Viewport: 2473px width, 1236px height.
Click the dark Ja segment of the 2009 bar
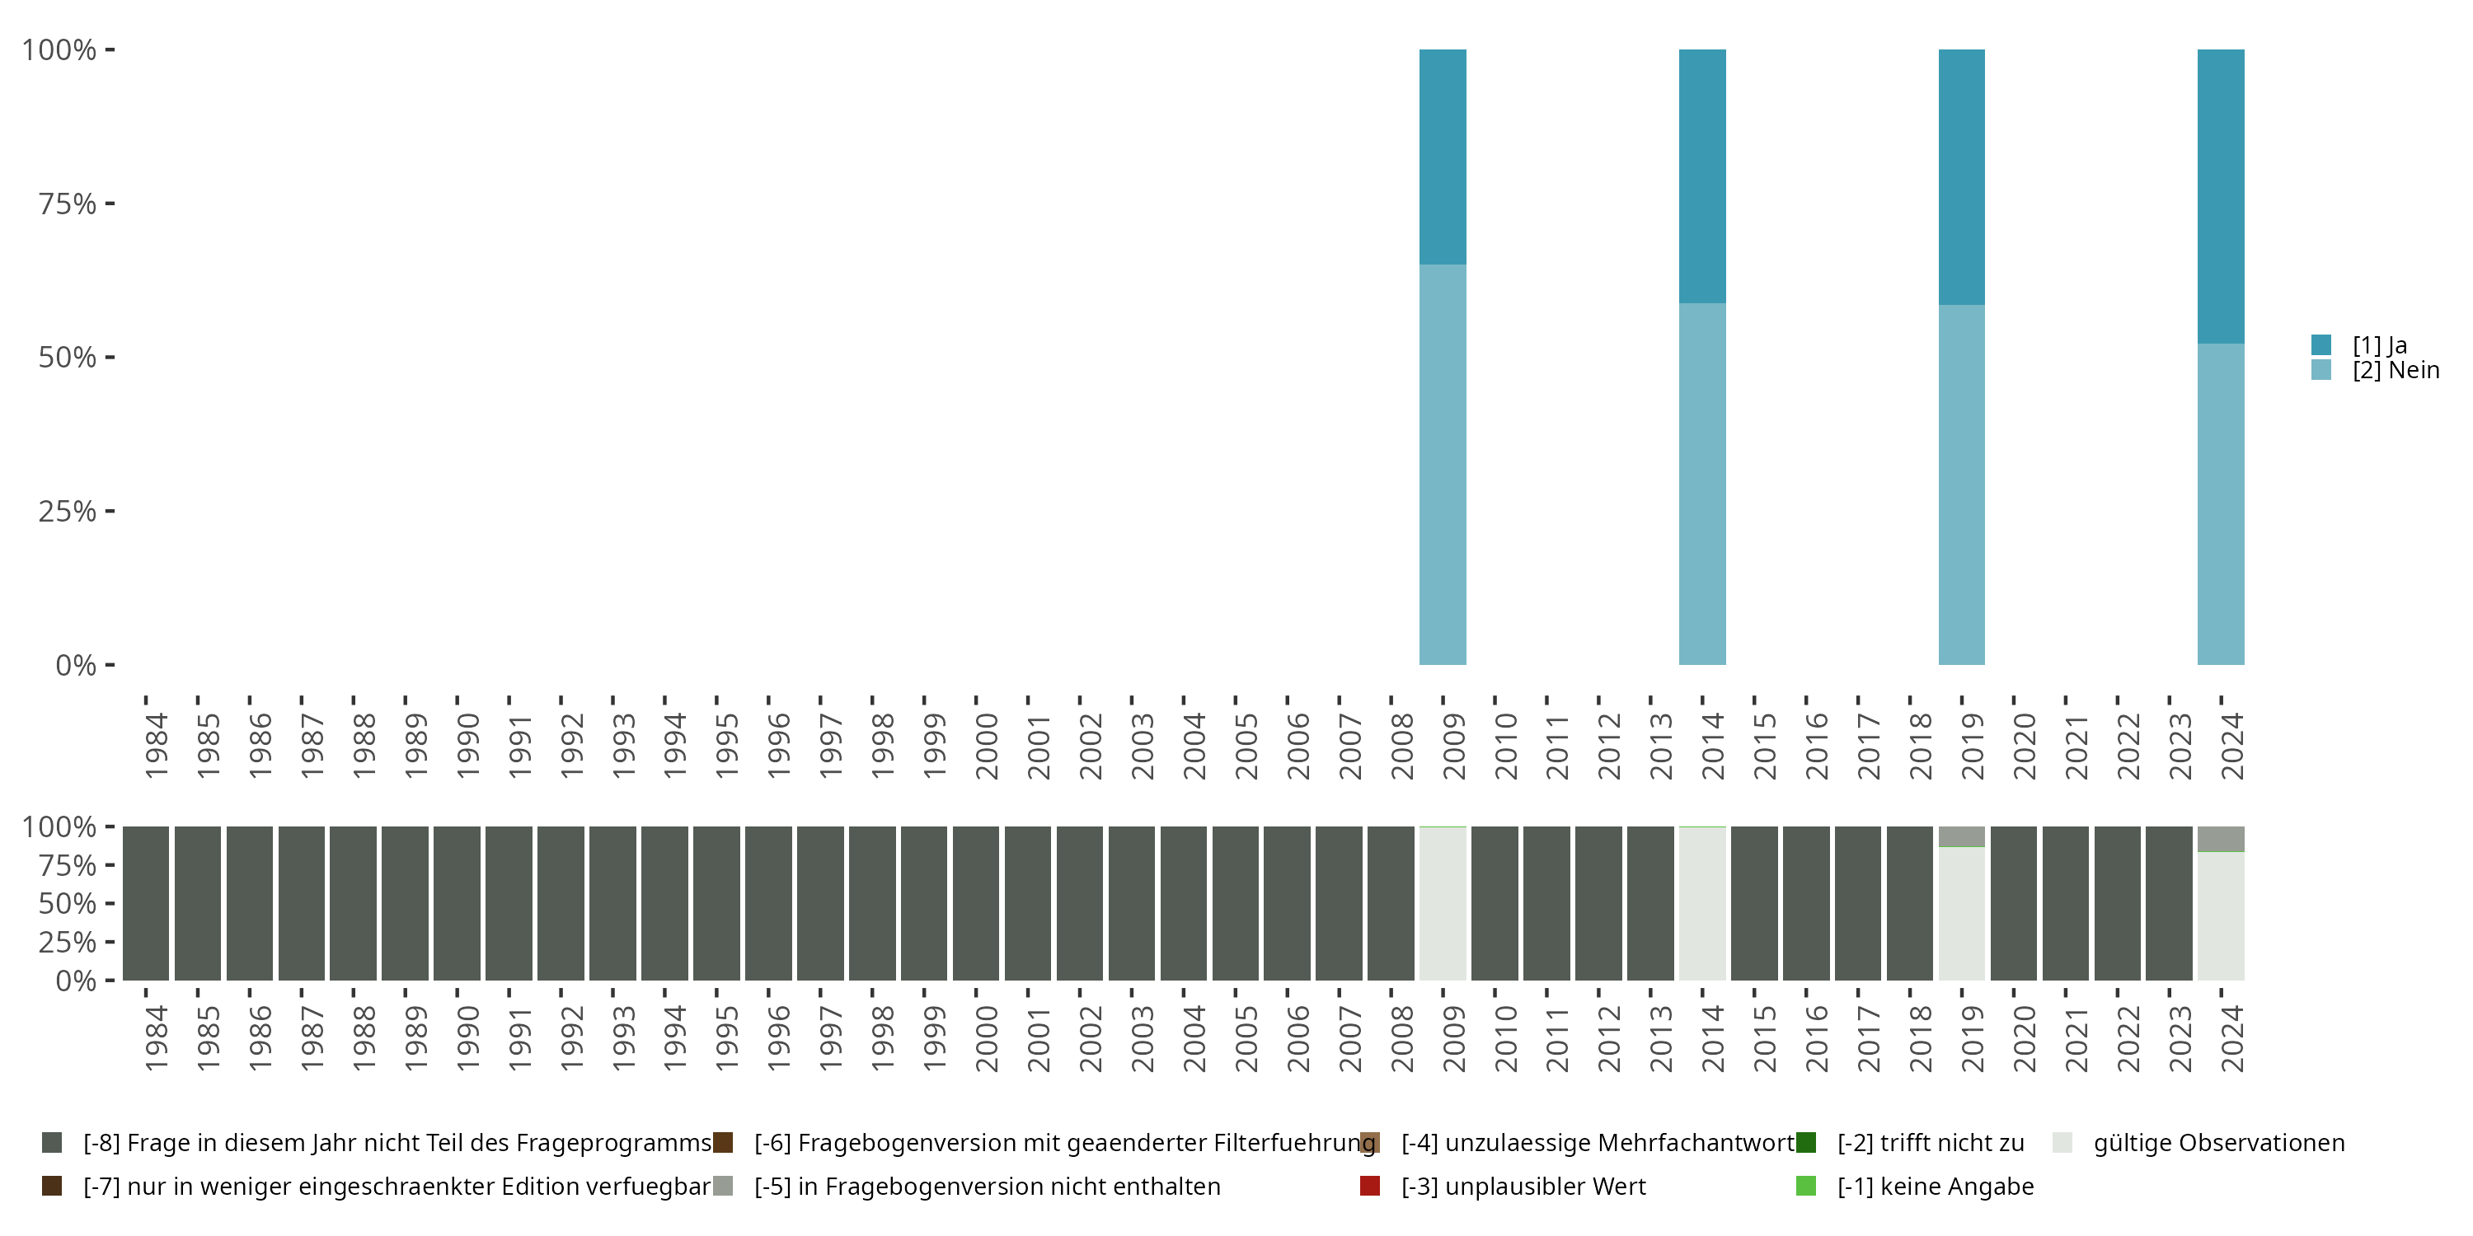pyautogui.click(x=1442, y=157)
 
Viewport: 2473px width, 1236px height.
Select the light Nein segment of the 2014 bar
pyautogui.click(x=1702, y=484)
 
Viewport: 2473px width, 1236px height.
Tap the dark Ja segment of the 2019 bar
pyautogui.click(x=1961, y=176)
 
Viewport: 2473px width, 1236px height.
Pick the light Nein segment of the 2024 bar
pyautogui.click(x=2221, y=503)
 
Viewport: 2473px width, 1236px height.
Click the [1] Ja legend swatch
pyautogui.click(x=2321, y=344)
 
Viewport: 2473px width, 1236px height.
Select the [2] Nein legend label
pyautogui.click(x=2396, y=371)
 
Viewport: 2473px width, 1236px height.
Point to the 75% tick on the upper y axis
pyautogui.click(x=110, y=204)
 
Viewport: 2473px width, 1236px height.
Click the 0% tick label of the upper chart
pyautogui.click(x=75, y=665)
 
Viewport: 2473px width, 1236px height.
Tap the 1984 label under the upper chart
pyautogui.click(x=157, y=746)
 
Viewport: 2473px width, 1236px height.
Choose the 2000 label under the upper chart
pyautogui.click(x=987, y=746)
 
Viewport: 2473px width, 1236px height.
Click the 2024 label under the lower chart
pyautogui.click(x=2232, y=1038)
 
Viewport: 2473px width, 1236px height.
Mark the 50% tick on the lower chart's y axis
pyautogui.click(x=110, y=903)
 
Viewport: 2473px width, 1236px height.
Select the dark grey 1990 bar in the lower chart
pyautogui.click(x=457, y=903)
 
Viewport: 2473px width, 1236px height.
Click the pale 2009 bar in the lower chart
pyautogui.click(x=1442, y=903)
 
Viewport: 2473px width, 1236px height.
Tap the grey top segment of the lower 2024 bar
pyautogui.click(x=2221, y=839)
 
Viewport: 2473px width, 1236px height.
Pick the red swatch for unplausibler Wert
pyautogui.click(x=1370, y=1186)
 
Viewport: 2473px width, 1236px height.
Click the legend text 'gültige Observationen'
pyautogui.click(x=2218, y=1143)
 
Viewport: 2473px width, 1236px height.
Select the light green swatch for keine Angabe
pyautogui.click(x=1806, y=1186)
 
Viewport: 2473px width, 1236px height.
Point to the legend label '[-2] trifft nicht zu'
pyautogui.click(x=1930, y=1143)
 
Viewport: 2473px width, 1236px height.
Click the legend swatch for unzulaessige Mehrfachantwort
pyautogui.click(x=1370, y=1143)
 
